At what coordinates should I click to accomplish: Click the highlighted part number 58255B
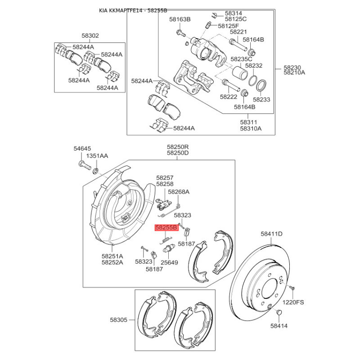(x=166, y=228)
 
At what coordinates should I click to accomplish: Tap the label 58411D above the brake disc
(x=271, y=234)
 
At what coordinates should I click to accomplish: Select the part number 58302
(x=90, y=36)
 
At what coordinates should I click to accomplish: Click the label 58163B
(x=180, y=19)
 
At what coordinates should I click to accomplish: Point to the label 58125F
(x=229, y=26)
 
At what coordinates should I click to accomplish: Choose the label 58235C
(x=241, y=59)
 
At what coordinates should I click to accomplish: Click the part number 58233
(x=261, y=99)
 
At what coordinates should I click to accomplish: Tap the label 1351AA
(x=97, y=156)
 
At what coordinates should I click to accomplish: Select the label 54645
(x=82, y=148)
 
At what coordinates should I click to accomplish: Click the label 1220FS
(x=293, y=302)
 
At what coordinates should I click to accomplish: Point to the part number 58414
(x=279, y=326)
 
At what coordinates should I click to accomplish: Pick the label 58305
(x=118, y=319)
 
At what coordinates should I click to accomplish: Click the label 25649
(x=169, y=262)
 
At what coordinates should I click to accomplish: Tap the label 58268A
(x=179, y=192)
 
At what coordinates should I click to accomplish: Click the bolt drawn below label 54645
(x=85, y=165)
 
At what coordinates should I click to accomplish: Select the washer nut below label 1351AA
(x=95, y=171)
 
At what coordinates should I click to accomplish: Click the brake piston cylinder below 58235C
(x=239, y=72)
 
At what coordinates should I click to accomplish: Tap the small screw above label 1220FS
(x=292, y=288)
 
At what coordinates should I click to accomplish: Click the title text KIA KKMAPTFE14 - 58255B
(x=133, y=10)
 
